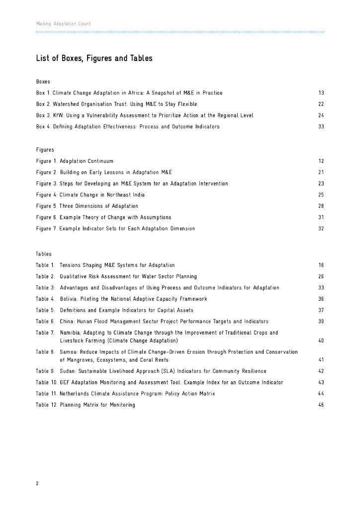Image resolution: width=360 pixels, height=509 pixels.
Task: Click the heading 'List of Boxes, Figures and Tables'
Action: [94, 59]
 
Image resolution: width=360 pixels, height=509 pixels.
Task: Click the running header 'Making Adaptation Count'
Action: [63, 24]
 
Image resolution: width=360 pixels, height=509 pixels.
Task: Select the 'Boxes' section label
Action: [43, 81]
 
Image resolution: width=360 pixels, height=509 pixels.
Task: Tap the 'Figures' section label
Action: [45, 150]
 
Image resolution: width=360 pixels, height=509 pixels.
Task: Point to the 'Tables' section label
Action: [44, 254]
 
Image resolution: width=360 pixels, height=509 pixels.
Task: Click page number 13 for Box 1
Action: [321, 93]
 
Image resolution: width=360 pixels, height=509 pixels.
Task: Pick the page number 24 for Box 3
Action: [321, 115]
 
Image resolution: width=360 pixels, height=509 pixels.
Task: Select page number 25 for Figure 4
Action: [321, 195]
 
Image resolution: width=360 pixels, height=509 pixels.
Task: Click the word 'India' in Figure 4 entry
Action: [138, 195]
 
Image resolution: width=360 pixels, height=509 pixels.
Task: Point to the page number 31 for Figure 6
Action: [321, 217]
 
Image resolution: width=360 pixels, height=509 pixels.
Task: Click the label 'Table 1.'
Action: [45, 265]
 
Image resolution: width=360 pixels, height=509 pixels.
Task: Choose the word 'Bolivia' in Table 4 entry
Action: [70, 299]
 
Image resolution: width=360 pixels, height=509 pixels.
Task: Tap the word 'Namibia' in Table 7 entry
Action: [71, 333]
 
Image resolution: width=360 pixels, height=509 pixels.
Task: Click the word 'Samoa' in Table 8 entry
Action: [68, 352]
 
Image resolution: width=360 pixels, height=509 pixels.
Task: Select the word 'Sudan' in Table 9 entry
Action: [68, 371]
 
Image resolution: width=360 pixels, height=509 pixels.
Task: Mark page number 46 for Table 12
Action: [321, 405]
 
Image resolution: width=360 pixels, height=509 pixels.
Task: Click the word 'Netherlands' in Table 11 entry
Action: [76, 394]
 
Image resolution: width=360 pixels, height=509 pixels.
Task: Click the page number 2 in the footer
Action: [37, 483]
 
